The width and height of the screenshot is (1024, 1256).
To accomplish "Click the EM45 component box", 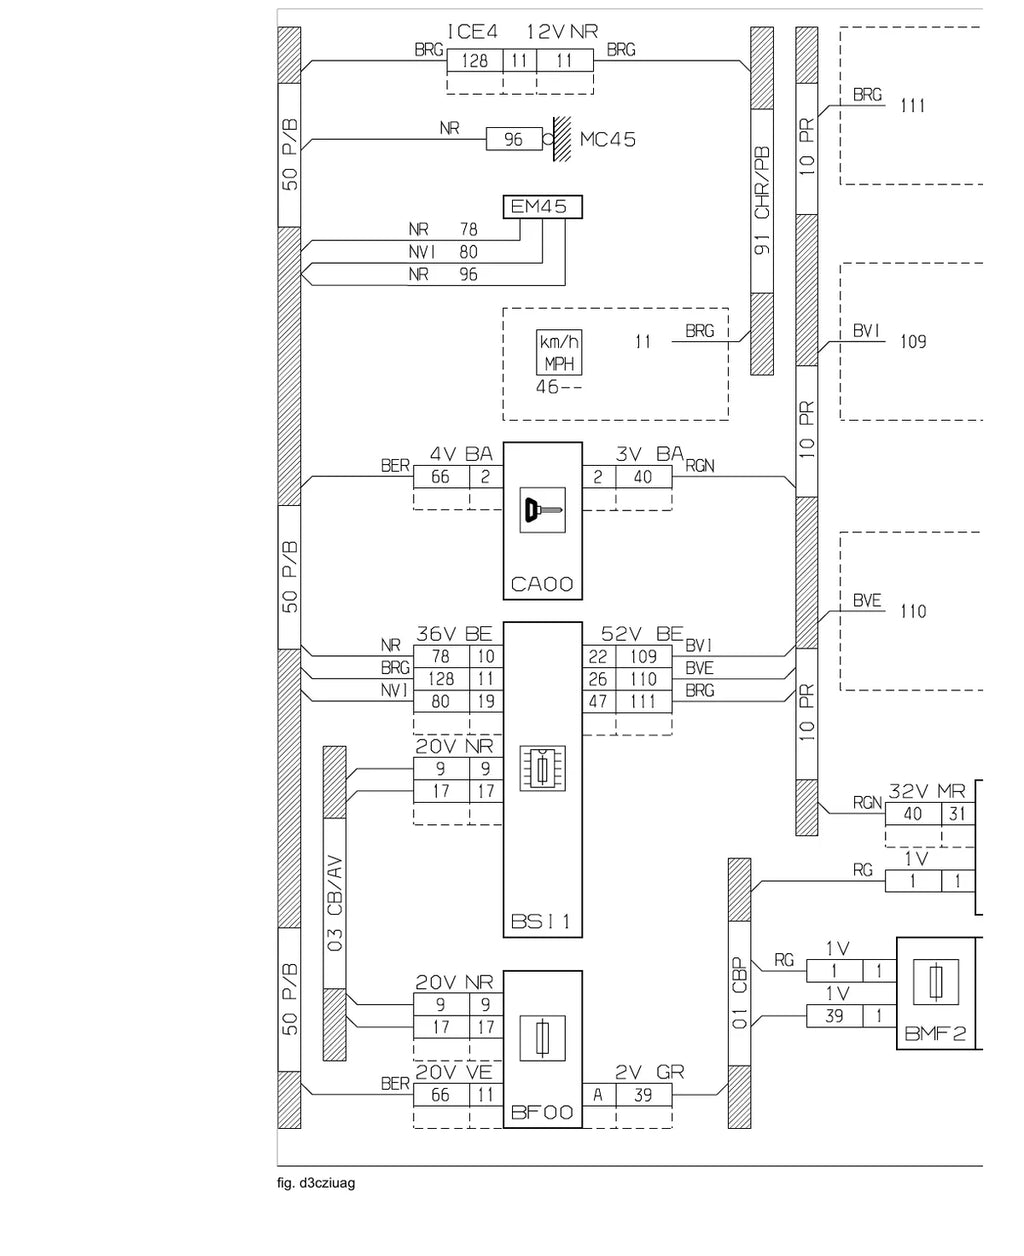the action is coord(542,207).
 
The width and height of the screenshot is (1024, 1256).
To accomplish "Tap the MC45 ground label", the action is coord(608,139).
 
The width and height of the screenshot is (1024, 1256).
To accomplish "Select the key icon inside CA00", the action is coord(542,510).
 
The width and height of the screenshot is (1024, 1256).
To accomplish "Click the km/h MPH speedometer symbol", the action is coord(559,352).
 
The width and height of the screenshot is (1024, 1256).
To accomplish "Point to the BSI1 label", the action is coord(541,921).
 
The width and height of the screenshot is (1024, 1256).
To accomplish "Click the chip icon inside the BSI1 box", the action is coord(542,768).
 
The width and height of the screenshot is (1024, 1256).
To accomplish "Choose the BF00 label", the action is coord(542,1112).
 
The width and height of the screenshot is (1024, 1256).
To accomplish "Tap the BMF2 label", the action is coord(935,1033).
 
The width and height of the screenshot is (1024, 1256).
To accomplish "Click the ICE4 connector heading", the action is coord(472,32).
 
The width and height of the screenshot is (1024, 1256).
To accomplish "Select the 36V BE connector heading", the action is coord(454,634).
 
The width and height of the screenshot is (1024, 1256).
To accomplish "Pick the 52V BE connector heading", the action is coord(642,633).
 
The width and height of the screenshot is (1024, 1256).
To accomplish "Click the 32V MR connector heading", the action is coord(927,791).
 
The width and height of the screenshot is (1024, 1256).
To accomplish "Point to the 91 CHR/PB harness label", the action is coord(762,201).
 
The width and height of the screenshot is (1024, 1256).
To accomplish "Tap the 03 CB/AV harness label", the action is coord(335,903).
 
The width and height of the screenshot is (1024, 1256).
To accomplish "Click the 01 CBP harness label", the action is coord(739,993).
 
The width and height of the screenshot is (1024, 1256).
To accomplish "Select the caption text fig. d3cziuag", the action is coord(316,1183).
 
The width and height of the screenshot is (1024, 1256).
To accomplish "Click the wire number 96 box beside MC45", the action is coord(514,139).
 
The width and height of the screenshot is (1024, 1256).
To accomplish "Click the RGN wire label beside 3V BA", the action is coord(700,466).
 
